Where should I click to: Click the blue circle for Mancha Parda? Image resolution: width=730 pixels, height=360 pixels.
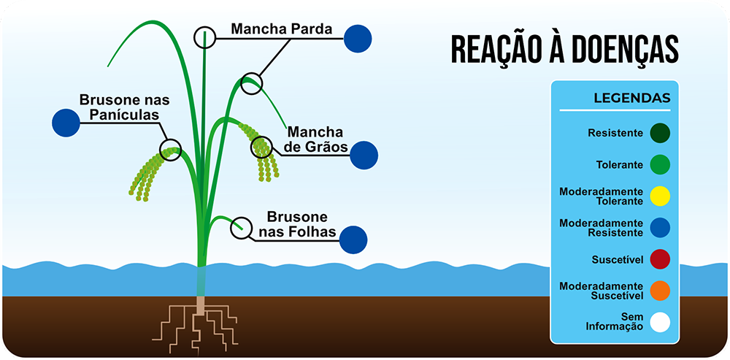point(358,38)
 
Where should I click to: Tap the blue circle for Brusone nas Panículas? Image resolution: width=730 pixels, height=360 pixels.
point(66,122)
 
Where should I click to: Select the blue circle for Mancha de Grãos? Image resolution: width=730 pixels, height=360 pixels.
point(364,155)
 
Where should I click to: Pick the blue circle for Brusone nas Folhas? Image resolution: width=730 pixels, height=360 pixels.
point(353,239)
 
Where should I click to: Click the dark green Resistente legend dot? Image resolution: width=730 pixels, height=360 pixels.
point(660,133)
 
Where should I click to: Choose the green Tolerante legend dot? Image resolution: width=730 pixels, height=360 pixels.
point(660,164)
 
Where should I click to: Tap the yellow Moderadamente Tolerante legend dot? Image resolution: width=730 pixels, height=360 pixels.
point(660,196)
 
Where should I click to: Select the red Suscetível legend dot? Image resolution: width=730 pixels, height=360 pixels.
point(660,259)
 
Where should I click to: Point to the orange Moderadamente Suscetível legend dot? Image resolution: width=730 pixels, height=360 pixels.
point(660,291)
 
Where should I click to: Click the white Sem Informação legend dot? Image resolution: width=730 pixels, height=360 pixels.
point(660,322)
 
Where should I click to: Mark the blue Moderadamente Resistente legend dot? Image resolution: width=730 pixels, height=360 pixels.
point(660,228)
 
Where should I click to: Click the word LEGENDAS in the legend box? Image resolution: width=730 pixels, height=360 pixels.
point(632,98)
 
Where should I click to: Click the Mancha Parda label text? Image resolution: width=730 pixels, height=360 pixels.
point(282,29)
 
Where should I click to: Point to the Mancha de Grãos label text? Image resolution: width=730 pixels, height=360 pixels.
point(315,139)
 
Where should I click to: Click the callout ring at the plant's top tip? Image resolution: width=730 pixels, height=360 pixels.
point(206,37)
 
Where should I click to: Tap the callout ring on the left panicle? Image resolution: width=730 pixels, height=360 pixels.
point(171,150)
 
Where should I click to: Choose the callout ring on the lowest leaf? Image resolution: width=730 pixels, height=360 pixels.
point(240,229)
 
